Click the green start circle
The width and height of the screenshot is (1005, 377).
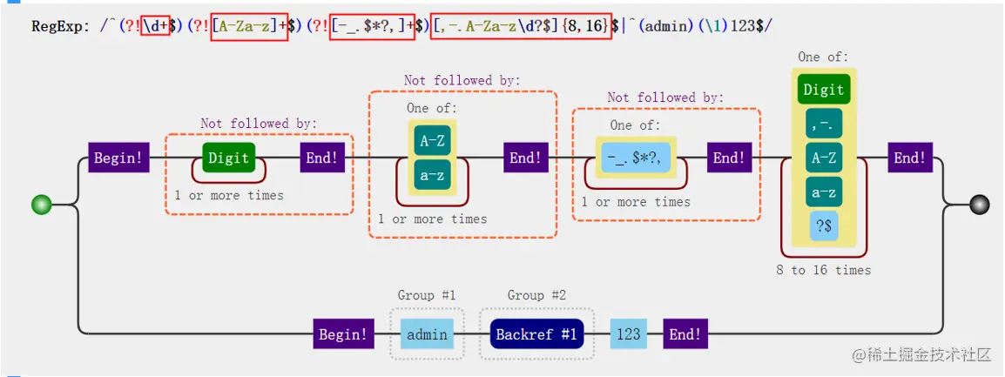41,205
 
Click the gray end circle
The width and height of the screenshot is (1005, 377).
980,205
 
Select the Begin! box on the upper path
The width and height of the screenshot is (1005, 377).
118,158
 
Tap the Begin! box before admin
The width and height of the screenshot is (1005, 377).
343,334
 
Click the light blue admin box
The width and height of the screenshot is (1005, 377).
427,334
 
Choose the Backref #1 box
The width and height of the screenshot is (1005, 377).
536,334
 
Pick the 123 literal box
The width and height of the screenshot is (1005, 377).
628,334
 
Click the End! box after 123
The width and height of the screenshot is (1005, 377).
685,334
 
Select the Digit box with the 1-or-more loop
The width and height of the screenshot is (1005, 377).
228,158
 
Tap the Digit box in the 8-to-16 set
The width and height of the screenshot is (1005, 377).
823,90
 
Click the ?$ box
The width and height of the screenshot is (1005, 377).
823,226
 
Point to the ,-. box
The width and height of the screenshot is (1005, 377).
823,124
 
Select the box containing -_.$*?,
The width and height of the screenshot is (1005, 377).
636,158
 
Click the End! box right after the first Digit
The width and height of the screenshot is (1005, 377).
322,158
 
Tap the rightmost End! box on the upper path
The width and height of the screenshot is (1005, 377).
910,158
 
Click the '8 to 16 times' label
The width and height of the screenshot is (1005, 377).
823,271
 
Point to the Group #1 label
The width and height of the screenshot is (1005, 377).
427,296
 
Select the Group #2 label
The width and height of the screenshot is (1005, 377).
536,296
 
